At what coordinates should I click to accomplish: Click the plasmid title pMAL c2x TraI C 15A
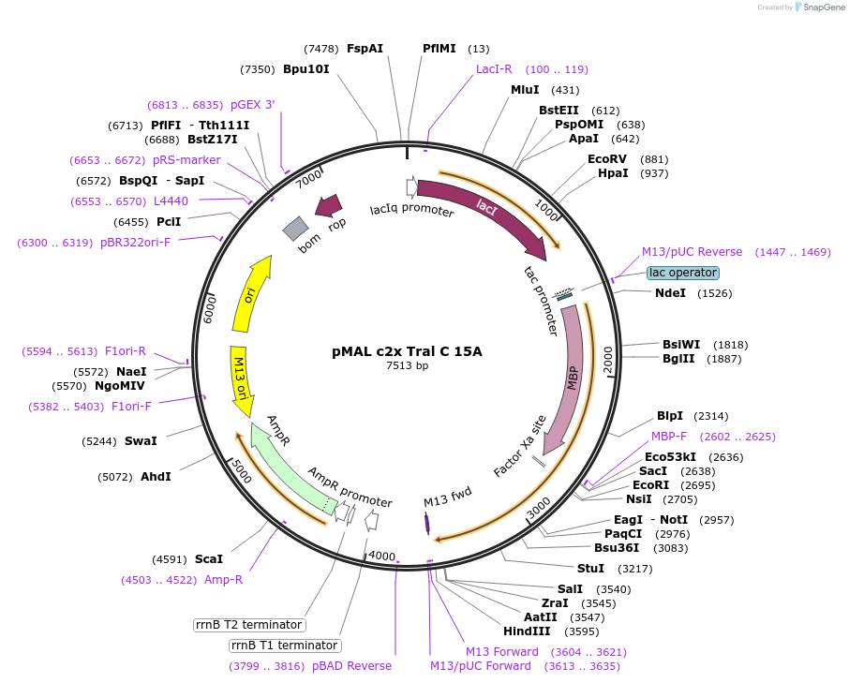click(x=407, y=351)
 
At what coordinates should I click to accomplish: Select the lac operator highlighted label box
click(x=683, y=273)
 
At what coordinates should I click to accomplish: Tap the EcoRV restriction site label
click(x=606, y=158)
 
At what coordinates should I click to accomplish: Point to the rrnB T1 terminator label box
click(x=284, y=646)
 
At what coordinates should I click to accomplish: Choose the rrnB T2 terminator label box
click(x=248, y=625)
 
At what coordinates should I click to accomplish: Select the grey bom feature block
click(x=296, y=228)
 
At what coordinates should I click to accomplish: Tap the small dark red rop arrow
click(x=329, y=206)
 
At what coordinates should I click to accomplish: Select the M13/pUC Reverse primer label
click(x=692, y=252)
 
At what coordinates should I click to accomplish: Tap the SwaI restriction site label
click(x=141, y=440)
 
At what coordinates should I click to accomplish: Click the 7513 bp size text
click(x=407, y=366)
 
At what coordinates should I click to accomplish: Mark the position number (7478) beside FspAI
click(x=320, y=49)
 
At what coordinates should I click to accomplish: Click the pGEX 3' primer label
click(x=253, y=105)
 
